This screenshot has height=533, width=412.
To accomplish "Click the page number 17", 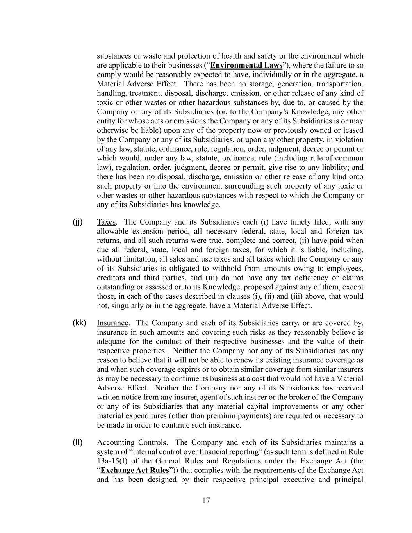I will [206, 501].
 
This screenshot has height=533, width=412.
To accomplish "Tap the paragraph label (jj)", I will [78, 222].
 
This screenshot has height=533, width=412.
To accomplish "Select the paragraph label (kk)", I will [79, 323].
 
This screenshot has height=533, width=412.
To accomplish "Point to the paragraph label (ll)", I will [78, 442].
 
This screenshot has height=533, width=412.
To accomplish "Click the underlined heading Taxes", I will [106, 222].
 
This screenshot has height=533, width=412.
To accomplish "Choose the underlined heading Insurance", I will [112, 323].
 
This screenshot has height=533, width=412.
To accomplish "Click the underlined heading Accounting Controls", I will [132, 442].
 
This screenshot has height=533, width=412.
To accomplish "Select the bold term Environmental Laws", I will [246, 65].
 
